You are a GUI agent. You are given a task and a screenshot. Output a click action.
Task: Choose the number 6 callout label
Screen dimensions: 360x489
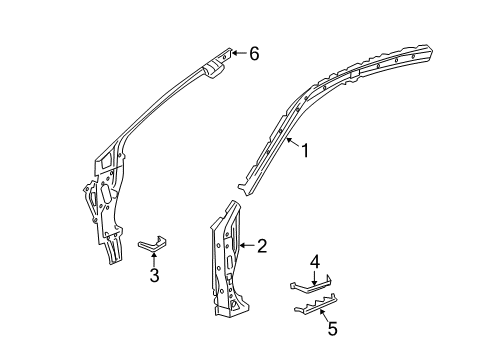click(253, 54)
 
